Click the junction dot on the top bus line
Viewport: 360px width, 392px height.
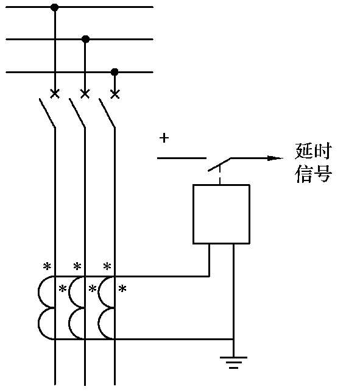[x=54, y=7]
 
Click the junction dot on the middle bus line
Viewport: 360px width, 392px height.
[x=85, y=39]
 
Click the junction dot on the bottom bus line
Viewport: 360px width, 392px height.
[x=115, y=72]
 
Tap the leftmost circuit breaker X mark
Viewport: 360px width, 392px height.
[x=55, y=94]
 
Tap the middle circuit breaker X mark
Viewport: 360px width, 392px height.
[x=85, y=94]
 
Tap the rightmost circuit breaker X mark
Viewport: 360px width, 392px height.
[x=115, y=94]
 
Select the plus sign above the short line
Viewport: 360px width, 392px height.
[x=164, y=138]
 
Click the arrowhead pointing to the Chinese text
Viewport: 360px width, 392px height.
[x=275, y=158]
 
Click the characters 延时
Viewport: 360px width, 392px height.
[x=313, y=151]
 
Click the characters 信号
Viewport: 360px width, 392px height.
[x=313, y=174]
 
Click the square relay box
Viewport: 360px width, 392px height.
[x=221, y=214]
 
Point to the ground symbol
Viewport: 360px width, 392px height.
[x=233, y=362]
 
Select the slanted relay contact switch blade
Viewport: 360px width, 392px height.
[x=219, y=165]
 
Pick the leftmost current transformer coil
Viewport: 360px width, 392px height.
[x=46, y=308]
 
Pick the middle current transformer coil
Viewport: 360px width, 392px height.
[x=77, y=308]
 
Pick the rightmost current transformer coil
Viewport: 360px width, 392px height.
[x=107, y=308]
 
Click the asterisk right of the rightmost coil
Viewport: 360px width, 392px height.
[x=122, y=289]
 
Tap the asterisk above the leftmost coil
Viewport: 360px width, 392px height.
[x=47, y=266]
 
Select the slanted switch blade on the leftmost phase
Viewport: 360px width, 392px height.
[x=47, y=113]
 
